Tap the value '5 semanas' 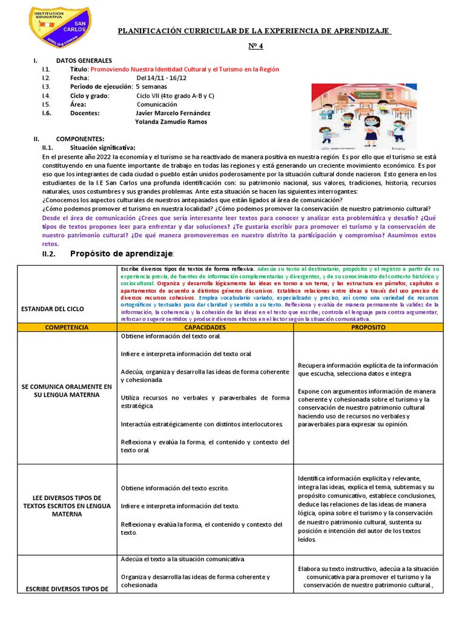(152, 87)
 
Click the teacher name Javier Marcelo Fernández (174, 113)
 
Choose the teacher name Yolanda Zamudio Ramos (172, 121)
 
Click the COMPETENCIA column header (67, 327)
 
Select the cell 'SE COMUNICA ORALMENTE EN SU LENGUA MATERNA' (67, 391)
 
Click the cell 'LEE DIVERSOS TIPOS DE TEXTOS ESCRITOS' (67, 506)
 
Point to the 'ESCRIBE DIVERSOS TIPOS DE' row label (67, 589)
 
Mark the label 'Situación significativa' (102, 147)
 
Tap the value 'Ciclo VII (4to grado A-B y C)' (176, 96)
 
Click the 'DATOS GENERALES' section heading (84, 61)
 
